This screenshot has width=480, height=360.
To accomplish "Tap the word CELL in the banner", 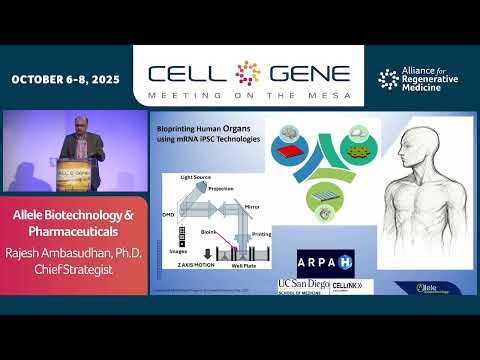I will pyautogui.click(x=188, y=73).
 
